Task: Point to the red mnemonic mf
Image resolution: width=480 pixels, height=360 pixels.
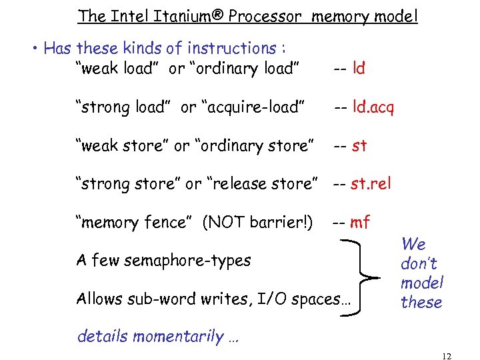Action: pyautogui.click(x=360, y=222)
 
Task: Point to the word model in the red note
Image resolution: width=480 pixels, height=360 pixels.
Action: pyautogui.click(x=422, y=283)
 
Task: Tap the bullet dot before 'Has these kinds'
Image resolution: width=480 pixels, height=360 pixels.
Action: pyautogui.click(x=34, y=49)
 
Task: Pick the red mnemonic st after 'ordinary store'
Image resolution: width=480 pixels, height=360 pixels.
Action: pyautogui.click(x=359, y=145)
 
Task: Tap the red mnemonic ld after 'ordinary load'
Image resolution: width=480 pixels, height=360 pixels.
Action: pyautogui.click(x=359, y=68)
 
